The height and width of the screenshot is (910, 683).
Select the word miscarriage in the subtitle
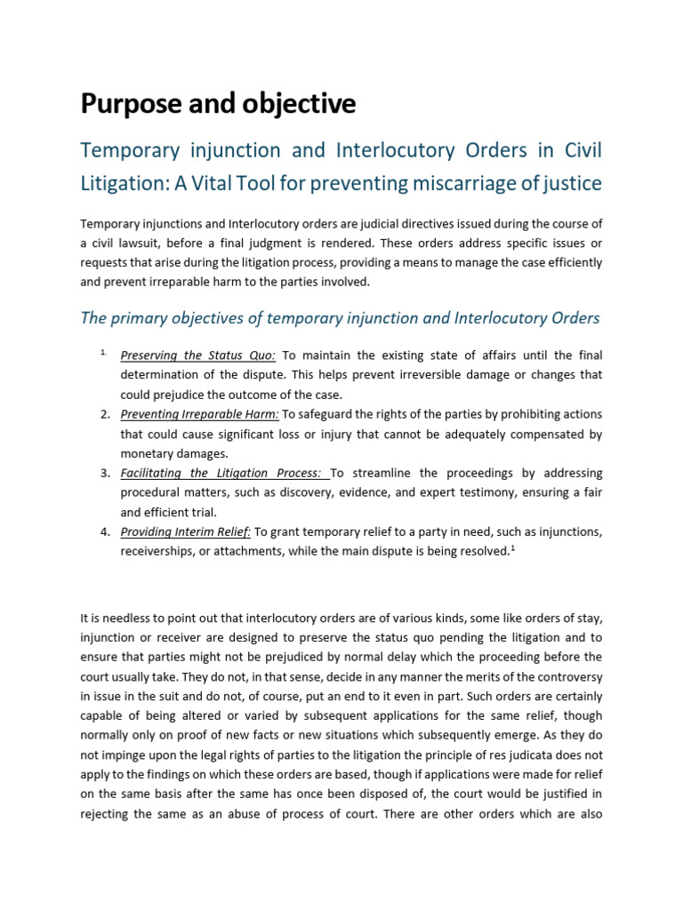point(459,183)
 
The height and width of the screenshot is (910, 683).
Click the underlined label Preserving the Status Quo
point(186,355)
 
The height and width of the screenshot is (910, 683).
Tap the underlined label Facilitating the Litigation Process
point(225,473)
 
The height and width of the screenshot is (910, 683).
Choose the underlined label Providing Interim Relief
point(187,531)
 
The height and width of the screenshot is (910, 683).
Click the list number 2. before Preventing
point(105,414)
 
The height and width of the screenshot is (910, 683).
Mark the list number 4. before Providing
point(105,531)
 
